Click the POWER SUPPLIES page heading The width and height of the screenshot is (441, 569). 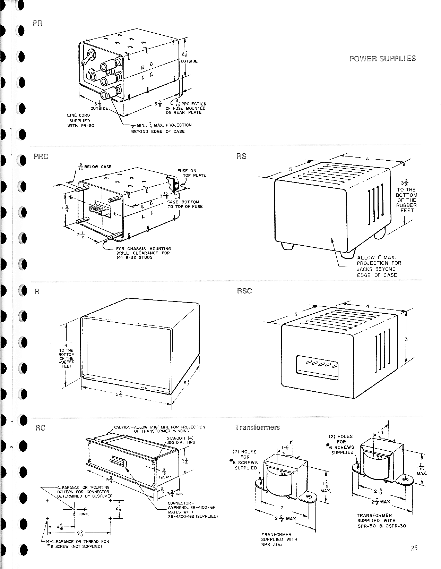(383, 58)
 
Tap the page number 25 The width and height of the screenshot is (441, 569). (414, 548)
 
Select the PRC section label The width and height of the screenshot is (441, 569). (41, 156)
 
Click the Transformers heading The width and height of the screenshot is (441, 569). (257, 427)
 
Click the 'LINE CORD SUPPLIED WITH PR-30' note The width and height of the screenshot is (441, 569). (79, 120)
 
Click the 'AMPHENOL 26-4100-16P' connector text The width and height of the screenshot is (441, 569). (192, 507)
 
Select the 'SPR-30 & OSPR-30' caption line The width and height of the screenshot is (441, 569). (382, 526)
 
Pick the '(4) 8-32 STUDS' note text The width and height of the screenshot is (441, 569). (134, 257)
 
